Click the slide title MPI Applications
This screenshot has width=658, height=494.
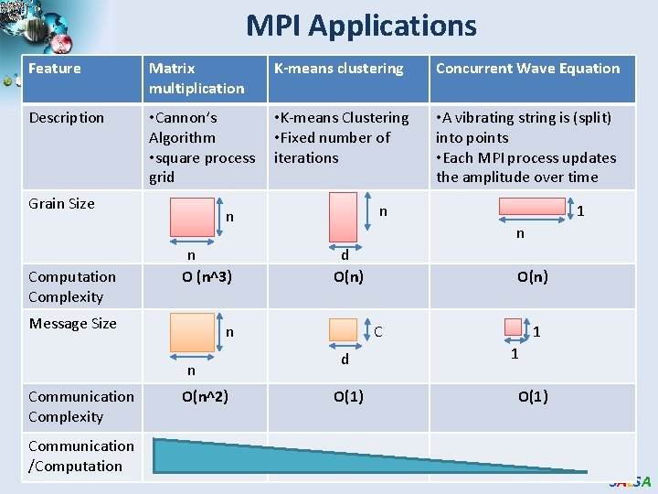[x=361, y=26]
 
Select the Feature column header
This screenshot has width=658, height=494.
[x=55, y=69]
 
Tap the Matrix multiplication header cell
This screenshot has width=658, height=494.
[x=196, y=78]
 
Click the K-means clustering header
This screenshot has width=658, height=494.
[x=338, y=69]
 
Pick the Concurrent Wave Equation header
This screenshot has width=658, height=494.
[x=527, y=69]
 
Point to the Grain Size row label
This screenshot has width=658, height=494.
[x=61, y=204]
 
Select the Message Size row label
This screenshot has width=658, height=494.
[x=72, y=324]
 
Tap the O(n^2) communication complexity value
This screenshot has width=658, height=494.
[x=205, y=396]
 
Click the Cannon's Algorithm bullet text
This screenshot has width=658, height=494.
[x=183, y=128]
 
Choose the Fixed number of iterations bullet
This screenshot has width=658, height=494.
[x=332, y=147]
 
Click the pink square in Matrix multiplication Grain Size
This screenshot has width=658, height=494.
[x=191, y=220]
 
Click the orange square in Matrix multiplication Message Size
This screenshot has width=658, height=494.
[x=191, y=334]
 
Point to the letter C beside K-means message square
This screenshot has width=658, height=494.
[x=378, y=331]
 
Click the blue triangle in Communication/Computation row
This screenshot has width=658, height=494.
[x=274, y=455]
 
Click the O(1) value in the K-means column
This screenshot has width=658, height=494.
[x=348, y=396]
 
